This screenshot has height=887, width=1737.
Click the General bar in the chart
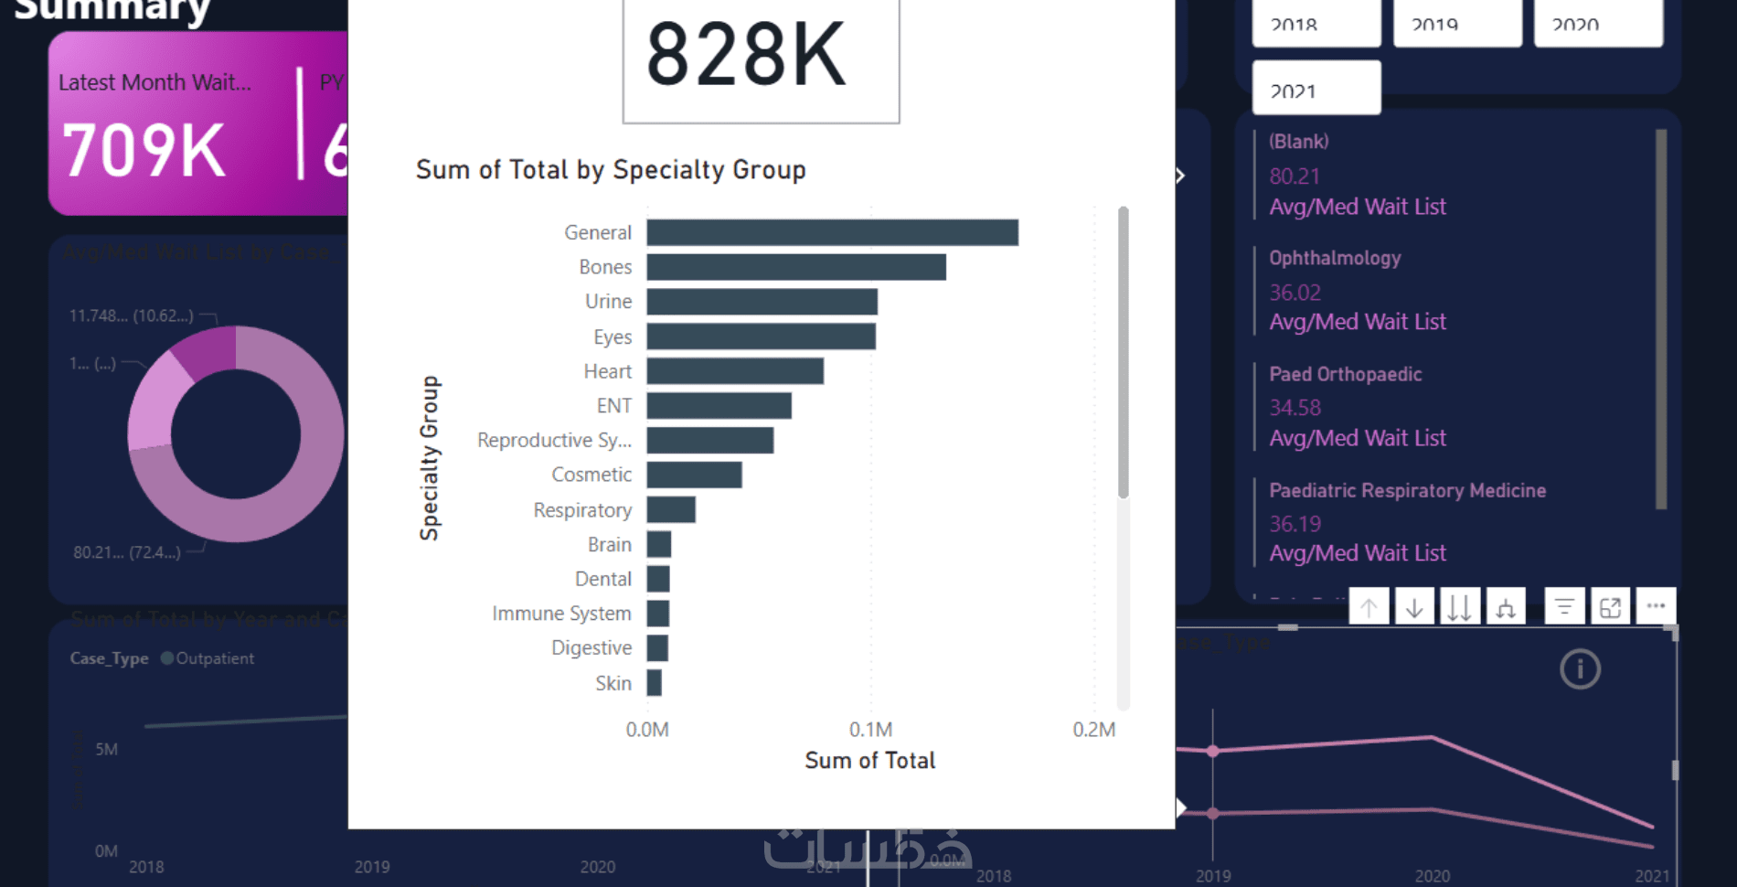832,232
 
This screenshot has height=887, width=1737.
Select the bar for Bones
795,267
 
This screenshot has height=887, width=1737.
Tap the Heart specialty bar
734,371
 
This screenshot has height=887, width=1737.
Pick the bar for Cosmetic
694,475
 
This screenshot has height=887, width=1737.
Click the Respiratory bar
671,509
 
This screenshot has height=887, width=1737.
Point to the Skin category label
613,683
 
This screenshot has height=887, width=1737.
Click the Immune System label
561,614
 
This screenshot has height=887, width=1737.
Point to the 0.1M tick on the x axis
870,730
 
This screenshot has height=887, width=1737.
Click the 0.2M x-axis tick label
1093,730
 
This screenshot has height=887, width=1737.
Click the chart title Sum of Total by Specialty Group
611,170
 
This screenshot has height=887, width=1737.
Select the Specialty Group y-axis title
430,457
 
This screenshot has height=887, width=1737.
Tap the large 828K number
746,56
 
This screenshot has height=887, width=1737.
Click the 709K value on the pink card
144,151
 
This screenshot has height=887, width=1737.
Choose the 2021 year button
1316,90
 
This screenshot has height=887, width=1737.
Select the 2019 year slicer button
1456,25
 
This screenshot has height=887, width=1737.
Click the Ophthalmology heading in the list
1334,258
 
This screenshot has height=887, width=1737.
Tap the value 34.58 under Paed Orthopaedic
1295,407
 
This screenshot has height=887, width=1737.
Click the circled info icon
1580,669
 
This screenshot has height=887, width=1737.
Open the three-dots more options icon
1656,606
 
